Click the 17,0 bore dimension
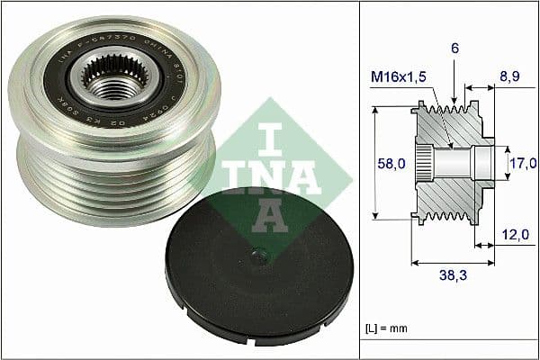(521, 163)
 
